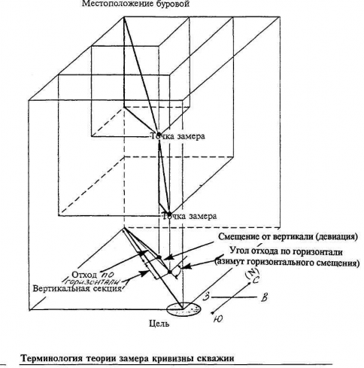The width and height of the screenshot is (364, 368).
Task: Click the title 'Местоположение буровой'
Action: [x=136, y=4]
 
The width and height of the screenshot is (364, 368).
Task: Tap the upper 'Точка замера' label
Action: [x=177, y=136]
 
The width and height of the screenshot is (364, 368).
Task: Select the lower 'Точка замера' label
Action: [x=190, y=216]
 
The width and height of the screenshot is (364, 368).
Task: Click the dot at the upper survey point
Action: [x=159, y=134]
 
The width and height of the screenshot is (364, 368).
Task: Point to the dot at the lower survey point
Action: [x=169, y=214]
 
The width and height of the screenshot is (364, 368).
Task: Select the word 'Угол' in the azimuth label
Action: [x=239, y=251]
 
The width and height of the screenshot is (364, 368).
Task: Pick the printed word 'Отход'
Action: [x=84, y=274]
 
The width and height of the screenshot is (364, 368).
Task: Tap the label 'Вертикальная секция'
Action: [x=77, y=288]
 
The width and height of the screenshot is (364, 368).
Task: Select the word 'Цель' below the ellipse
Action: [x=159, y=324]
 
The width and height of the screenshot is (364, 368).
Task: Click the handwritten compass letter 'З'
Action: [x=206, y=297]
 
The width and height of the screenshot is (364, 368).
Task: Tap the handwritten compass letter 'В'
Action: [x=264, y=297]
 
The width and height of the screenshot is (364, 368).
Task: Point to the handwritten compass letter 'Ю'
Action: [x=219, y=319]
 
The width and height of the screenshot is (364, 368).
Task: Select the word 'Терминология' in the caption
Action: [x=52, y=358]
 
